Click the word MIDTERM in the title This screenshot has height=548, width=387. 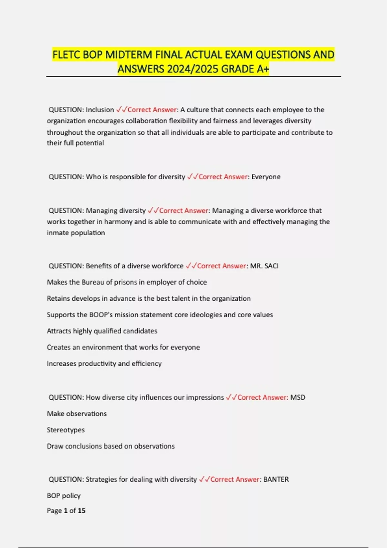tap(129, 55)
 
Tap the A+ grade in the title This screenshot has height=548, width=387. tap(263, 69)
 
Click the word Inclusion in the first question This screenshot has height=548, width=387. tap(100, 110)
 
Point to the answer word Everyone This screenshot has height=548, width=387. tap(266, 177)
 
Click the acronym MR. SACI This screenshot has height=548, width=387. tap(264, 266)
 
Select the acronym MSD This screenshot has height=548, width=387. tap(298, 397)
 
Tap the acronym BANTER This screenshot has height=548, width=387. tap(276, 479)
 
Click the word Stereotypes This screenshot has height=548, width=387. tap(66, 430)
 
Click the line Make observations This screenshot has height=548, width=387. tap(77, 414)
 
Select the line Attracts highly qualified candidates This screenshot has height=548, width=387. tap(102, 331)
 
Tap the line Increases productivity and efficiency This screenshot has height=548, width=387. tap(104, 364)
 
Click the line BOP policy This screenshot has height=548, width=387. tap(64, 496)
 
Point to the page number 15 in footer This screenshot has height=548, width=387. tap(82, 511)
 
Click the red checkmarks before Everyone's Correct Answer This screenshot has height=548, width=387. tap(193, 177)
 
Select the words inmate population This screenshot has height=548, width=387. tap(76, 233)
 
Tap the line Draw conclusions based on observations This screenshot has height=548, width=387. tap(111, 446)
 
